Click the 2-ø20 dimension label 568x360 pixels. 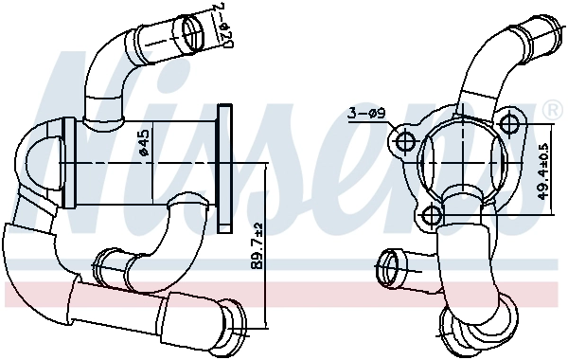tap(224, 27)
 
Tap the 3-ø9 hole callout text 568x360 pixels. tap(365, 114)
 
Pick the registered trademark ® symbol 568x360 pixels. tap(552, 112)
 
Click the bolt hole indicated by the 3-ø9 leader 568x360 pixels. tap(405, 143)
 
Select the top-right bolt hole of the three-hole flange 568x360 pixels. tap(511, 124)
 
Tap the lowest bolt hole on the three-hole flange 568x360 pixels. tap(430, 216)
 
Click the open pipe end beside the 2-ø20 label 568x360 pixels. tap(193, 34)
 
